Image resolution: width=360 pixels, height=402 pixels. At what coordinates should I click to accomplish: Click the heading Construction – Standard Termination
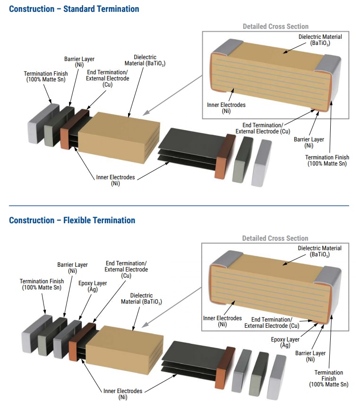(x=74, y=9)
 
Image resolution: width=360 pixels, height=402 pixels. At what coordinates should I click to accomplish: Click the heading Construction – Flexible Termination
(x=72, y=220)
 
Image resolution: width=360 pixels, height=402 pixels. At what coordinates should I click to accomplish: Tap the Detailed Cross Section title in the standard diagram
(x=275, y=26)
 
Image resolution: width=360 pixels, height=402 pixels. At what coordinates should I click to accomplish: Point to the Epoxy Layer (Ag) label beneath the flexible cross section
(x=285, y=342)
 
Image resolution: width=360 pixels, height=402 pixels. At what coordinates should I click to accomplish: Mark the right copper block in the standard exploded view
(x=225, y=157)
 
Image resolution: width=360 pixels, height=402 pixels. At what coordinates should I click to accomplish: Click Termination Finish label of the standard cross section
(x=327, y=160)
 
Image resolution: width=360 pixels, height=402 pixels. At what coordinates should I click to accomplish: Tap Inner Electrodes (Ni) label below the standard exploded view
(x=115, y=180)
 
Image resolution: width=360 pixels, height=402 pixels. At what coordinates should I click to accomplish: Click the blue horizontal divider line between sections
(x=180, y=206)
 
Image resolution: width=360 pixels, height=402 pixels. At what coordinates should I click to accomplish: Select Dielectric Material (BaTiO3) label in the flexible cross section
(x=319, y=251)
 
